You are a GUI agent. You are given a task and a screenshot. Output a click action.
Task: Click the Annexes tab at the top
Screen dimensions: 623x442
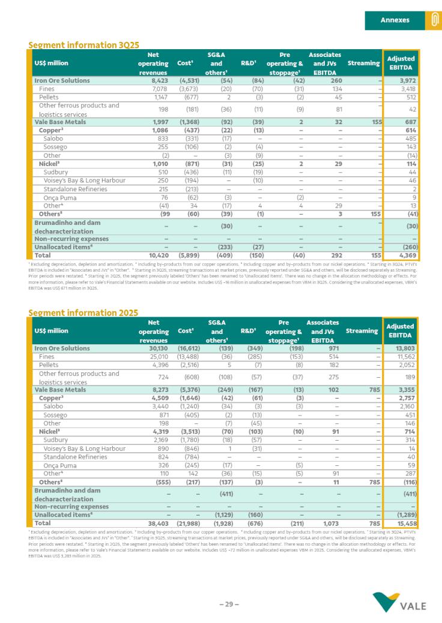click(x=395, y=20)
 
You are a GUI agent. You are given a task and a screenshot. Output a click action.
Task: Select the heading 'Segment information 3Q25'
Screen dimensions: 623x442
click(x=84, y=45)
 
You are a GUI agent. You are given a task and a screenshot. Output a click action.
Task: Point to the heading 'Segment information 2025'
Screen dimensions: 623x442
click(x=83, y=312)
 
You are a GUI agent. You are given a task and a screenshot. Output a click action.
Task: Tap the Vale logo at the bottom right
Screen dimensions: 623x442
click(x=399, y=602)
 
